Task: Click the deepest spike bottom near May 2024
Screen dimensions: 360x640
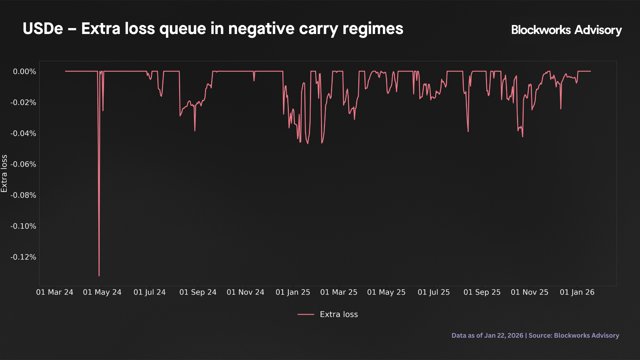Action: click(x=99, y=276)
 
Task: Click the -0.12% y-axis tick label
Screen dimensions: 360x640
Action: click(x=23, y=257)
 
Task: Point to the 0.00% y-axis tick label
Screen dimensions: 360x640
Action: click(x=24, y=71)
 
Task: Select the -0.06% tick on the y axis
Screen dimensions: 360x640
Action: click(x=23, y=164)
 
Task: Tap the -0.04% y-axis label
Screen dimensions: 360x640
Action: click(x=23, y=133)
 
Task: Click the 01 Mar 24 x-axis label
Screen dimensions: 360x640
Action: click(x=55, y=292)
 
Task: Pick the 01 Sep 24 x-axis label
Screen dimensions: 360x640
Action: click(x=198, y=292)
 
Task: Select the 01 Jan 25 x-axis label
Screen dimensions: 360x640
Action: click(x=293, y=292)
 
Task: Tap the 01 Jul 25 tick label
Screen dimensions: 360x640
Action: click(x=434, y=292)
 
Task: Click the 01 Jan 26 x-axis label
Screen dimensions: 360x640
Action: click(x=577, y=292)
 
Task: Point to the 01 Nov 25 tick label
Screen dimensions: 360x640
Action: click(x=529, y=292)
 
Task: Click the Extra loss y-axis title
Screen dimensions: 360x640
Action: click(x=4, y=173)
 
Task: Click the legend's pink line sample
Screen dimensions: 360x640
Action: click(x=306, y=314)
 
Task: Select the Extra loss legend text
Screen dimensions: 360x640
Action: click(x=339, y=314)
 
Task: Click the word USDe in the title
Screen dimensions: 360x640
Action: click(x=43, y=29)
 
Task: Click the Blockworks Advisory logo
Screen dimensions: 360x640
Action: click(x=566, y=30)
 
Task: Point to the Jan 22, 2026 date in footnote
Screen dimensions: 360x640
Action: click(x=504, y=335)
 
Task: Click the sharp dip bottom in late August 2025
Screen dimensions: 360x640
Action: click(x=468, y=131)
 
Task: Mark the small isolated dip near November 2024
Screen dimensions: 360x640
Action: click(x=254, y=81)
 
